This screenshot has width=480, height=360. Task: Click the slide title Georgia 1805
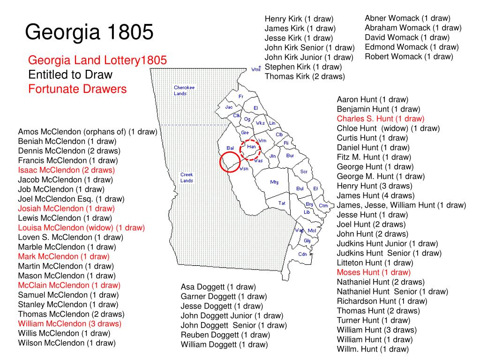pos(89,32)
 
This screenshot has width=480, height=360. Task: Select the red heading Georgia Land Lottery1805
pos(97,60)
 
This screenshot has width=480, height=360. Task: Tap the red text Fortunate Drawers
pos(77,89)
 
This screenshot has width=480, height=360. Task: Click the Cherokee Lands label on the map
pos(184,90)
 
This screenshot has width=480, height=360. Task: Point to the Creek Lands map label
pos(187,178)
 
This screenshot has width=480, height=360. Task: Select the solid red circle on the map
pos(231,162)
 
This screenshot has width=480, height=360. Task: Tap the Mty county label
pos(274,182)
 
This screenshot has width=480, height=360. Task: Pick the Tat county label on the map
pos(282,203)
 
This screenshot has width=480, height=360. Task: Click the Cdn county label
pos(302,254)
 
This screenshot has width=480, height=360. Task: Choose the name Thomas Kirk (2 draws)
pos(305,76)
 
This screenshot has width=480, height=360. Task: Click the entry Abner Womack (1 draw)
pos(407,18)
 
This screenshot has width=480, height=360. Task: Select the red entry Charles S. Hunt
pos(380,119)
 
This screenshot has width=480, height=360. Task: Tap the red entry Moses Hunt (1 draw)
pos(374,272)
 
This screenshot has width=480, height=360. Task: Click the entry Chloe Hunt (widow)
pos(388,128)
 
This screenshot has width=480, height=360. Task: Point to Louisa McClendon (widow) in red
pos(81,228)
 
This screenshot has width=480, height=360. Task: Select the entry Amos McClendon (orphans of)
pos(87,132)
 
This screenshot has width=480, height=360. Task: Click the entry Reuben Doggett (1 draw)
pos(225,335)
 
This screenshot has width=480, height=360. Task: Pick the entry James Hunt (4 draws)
pos(375,195)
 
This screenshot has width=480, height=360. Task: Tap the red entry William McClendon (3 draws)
pos(69,323)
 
